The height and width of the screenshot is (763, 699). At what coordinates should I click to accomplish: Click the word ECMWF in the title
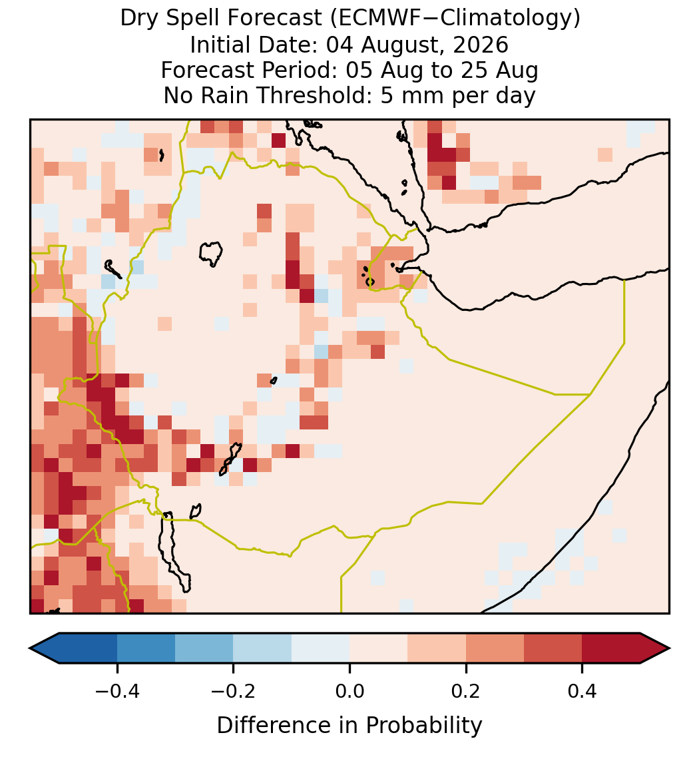tap(375, 19)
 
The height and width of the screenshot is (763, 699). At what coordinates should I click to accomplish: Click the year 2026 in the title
tap(481, 45)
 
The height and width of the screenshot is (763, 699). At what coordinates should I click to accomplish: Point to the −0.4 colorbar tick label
tap(117, 690)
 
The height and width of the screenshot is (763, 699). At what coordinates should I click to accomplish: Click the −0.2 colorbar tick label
tap(234, 690)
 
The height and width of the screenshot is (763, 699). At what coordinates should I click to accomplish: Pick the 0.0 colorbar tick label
tap(349, 690)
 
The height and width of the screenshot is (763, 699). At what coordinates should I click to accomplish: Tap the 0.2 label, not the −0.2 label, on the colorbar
tap(466, 690)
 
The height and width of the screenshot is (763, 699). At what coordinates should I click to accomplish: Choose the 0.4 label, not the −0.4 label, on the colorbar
tap(582, 690)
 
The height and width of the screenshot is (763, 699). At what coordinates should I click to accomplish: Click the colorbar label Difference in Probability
tap(349, 726)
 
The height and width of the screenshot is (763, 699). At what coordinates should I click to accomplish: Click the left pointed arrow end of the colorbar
tap(30, 648)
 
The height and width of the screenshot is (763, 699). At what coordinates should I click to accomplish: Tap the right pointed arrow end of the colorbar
tap(669, 648)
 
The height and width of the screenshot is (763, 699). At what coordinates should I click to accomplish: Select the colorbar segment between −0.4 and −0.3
tap(146, 648)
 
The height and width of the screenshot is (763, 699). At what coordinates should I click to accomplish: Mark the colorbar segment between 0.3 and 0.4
tap(553, 648)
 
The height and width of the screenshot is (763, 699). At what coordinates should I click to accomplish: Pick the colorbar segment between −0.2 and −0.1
tap(262, 648)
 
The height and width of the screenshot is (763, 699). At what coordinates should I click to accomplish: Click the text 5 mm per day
tap(458, 95)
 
